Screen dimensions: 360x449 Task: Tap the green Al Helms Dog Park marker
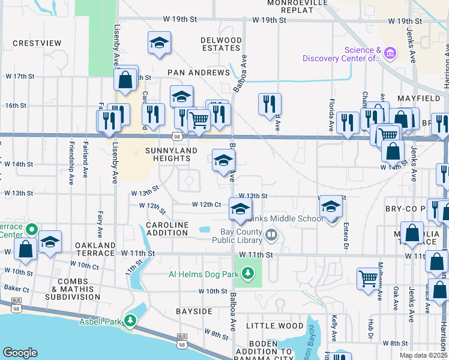pyautogui.click(x=247, y=275)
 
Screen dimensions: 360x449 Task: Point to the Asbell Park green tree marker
pyautogui.click(x=130, y=321)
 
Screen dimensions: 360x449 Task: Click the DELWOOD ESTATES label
pyautogui.click(x=221, y=44)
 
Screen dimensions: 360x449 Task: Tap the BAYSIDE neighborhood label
pyautogui.click(x=194, y=311)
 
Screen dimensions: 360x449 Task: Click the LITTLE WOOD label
pyautogui.click(x=275, y=326)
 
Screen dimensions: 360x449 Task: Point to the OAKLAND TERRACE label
pyautogui.click(x=95, y=250)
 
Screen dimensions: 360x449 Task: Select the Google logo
pyautogui.click(x=20, y=353)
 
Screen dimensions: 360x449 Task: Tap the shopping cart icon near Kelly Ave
pyautogui.click(x=368, y=277)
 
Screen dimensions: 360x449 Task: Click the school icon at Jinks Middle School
pyautogui.click(x=330, y=207)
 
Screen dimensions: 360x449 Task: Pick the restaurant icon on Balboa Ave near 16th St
pyautogui.click(x=270, y=103)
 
